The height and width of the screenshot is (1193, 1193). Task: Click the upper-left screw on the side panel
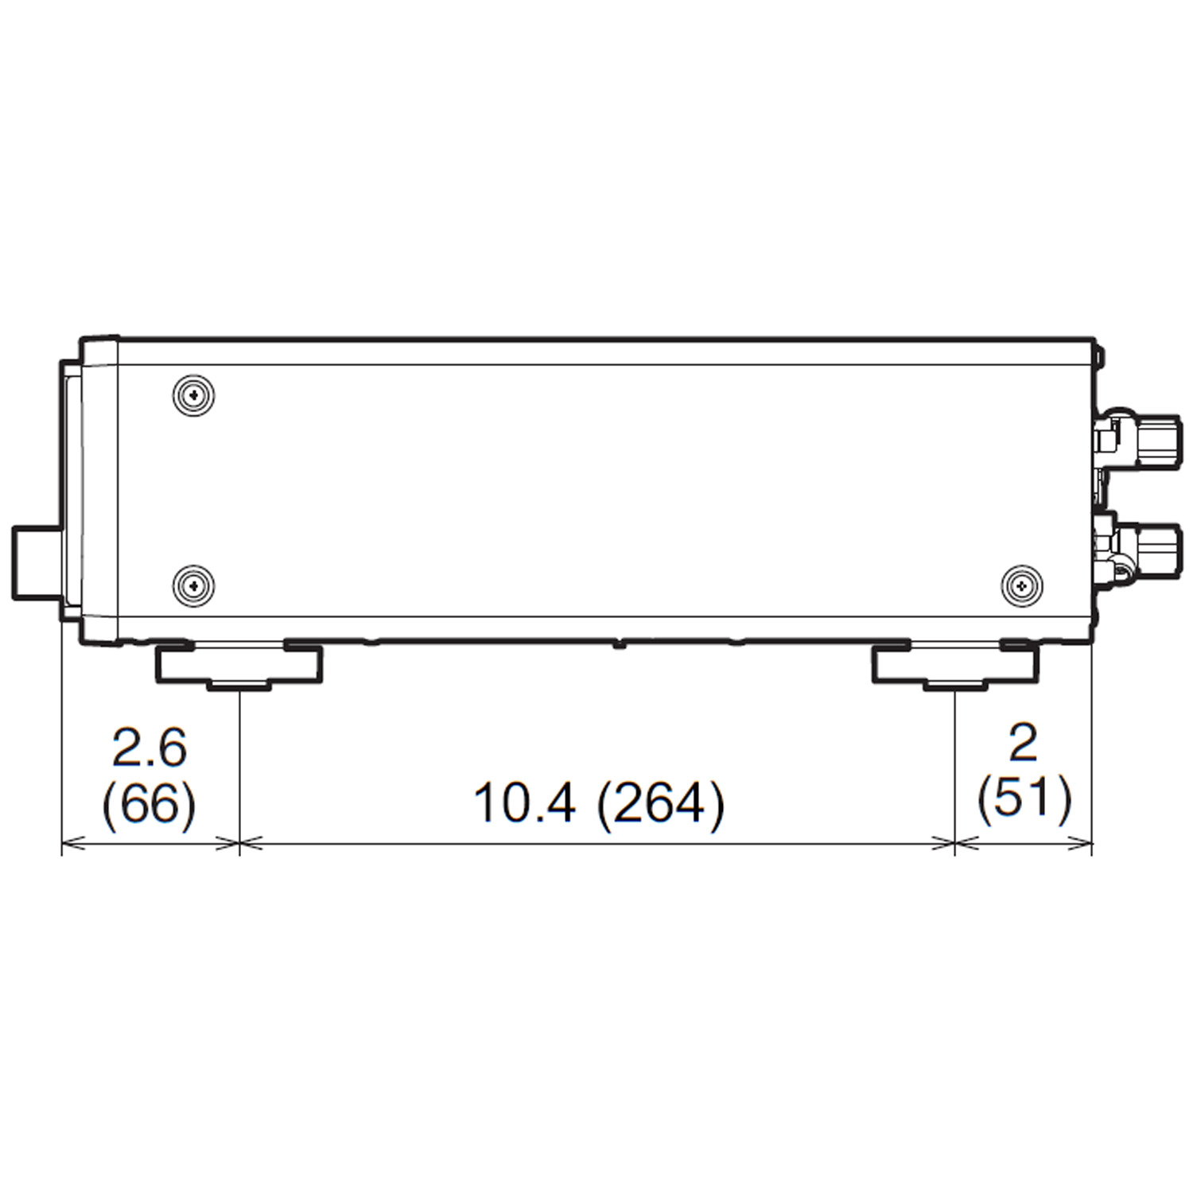tap(195, 394)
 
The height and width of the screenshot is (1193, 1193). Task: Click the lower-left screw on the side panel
tap(193, 586)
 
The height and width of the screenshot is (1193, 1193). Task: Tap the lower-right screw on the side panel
tap(1021, 586)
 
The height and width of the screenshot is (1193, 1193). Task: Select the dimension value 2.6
tap(150, 747)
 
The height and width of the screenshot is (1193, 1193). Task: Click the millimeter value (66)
tap(150, 804)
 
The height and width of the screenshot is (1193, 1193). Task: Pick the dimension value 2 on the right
tap(1023, 744)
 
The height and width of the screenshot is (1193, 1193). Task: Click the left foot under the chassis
tap(239, 666)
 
